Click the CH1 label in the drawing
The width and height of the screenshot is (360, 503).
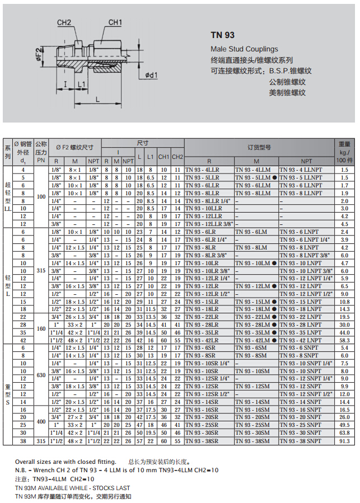pyautogui.click(x=115, y=22)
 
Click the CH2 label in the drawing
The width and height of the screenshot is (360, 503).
pyautogui.click(x=64, y=22)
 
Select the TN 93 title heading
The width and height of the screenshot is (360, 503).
pyautogui.click(x=222, y=35)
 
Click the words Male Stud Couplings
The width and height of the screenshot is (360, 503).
pyautogui.click(x=244, y=49)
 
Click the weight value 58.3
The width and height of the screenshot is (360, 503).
pyautogui.click(x=344, y=340)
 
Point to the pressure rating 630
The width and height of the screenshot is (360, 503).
pyautogui.click(x=41, y=375)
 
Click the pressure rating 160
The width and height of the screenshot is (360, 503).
pyautogui.click(x=41, y=328)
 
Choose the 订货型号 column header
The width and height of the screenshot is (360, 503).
pyautogui.click(x=259, y=147)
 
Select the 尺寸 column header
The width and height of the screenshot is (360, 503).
pyautogui.click(x=143, y=143)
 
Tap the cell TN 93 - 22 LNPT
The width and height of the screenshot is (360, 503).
pyautogui.click(x=301, y=317)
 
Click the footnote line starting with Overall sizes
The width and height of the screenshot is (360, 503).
pyautogui.click(x=66, y=462)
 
